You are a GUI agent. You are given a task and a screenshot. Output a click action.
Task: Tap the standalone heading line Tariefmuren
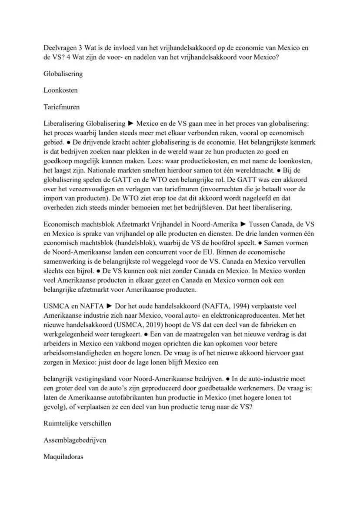click(62, 106)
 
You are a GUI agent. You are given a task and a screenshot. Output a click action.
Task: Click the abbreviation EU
click(223, 252)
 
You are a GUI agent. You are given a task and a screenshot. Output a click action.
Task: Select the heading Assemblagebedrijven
click(75, 440)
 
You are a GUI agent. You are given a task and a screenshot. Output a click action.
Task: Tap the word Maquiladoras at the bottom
click(63, 457)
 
